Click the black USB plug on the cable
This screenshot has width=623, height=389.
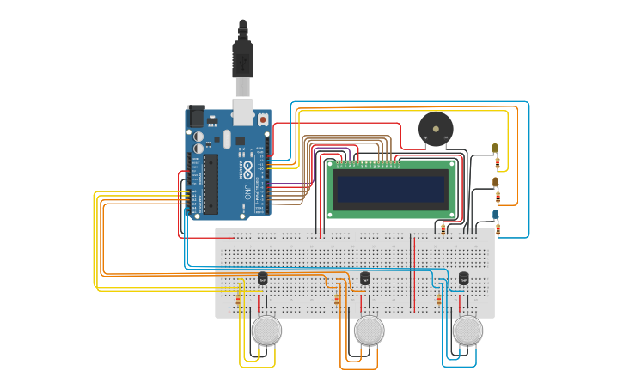242,58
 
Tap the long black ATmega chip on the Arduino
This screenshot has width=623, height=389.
210,184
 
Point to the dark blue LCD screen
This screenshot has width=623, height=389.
392,188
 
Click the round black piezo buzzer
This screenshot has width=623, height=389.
436,129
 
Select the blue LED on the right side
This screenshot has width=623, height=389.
496,215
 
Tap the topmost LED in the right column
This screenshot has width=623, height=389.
495,149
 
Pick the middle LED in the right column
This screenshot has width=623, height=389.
495,182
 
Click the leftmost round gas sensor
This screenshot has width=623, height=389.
266,330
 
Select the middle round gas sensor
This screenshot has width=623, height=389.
369,330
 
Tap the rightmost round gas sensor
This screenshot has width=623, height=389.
467,330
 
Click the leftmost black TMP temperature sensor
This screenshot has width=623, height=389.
263,277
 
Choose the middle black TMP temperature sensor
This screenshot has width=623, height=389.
365,277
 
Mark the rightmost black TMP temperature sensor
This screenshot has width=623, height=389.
464,277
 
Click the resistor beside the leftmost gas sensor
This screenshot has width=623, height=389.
238,301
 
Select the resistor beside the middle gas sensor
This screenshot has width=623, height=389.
336,301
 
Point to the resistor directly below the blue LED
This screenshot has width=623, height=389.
498,228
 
